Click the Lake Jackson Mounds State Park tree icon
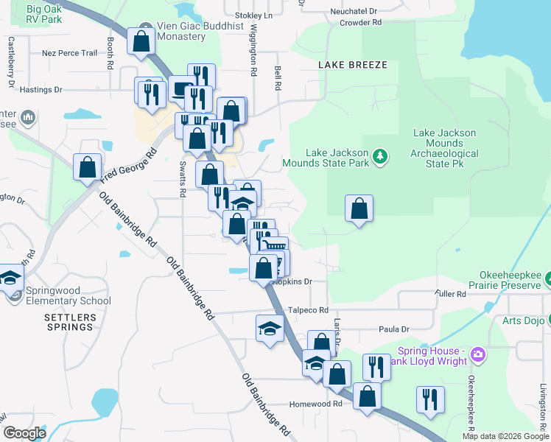coord(380,155)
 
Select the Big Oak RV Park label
coord(43,14)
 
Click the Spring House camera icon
coord(479,356)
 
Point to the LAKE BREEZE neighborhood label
coord(353,65)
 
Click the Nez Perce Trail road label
coord(69,53)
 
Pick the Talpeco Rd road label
coord(308,310)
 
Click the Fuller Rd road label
coord(450,294)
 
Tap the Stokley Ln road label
coord(253,15)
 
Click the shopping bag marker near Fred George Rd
coord(88,167)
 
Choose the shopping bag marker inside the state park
coord(359,208)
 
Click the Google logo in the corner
coord(24,433)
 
